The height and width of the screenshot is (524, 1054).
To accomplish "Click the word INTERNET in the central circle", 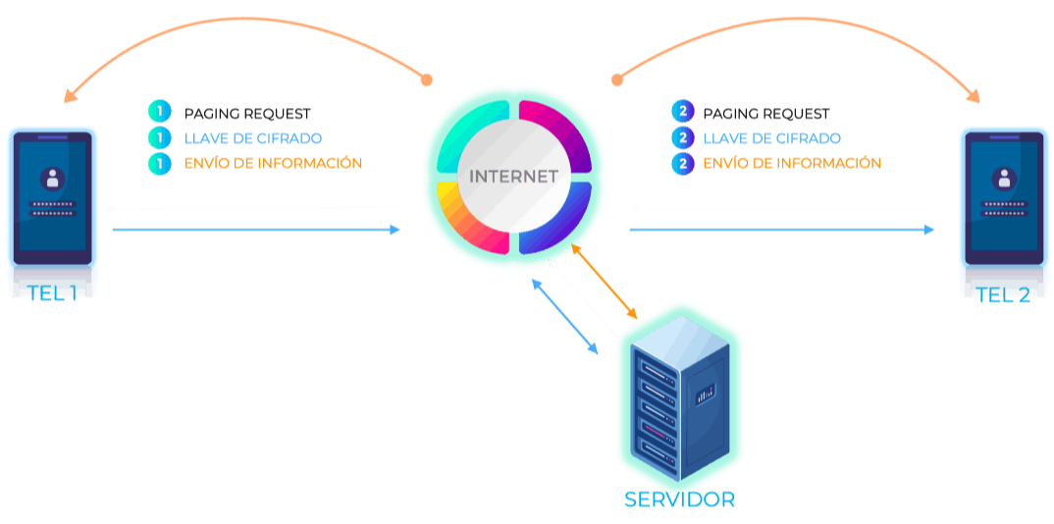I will [513, 178].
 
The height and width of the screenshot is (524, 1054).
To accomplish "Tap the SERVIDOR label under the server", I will [679, 499].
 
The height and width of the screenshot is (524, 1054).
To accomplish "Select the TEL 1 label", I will [53, 292].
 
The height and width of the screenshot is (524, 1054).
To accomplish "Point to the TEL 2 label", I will [1003, 294].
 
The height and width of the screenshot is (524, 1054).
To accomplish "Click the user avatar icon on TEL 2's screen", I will [1003, 179].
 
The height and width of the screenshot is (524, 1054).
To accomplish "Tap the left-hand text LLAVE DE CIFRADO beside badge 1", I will [252, 138].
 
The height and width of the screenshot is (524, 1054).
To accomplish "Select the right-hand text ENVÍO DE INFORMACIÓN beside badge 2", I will [792, 163].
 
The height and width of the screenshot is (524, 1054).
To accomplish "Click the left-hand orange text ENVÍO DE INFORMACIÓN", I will [273, 163].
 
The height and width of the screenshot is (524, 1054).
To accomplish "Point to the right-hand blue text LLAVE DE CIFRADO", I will [771, 138].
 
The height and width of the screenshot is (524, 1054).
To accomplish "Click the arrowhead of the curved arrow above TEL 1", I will [70, 96].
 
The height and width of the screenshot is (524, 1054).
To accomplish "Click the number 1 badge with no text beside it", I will [159, 111].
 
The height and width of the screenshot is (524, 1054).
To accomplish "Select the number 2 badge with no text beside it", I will [683, 111].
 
